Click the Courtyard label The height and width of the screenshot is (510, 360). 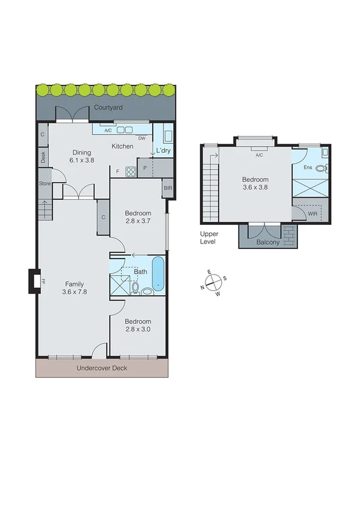point(108,108)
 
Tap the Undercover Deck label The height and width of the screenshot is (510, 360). point(102,368)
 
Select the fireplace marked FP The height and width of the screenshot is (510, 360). point(34,281)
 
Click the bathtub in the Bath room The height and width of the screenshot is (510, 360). point(157,274)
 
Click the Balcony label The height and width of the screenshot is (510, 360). point(267,242)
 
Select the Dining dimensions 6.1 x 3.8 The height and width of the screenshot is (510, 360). point(81,161)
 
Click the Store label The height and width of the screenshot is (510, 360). point(44,183)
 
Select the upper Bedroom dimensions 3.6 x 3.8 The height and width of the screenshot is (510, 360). point(255,188)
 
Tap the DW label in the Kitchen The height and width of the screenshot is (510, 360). point(142,138)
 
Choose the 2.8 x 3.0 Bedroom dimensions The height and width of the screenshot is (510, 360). point(138,330)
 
